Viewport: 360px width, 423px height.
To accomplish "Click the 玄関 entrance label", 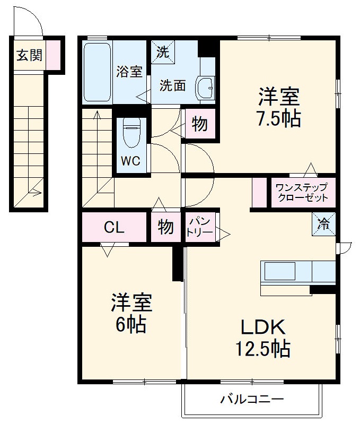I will tap(29, 55).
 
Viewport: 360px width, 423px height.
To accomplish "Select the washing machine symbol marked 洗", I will tap(162, 51).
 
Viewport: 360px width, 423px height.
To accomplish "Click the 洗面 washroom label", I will tap(173, 85).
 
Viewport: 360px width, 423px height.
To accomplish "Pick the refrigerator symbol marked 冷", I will tap(323, 223).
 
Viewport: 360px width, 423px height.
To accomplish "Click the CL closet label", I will tap(114, 228).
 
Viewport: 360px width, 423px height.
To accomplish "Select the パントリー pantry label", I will tap(199, 227).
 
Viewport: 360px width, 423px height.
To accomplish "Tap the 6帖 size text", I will tap(131, 324).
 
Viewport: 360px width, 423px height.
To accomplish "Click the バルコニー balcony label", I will tap(252, 399).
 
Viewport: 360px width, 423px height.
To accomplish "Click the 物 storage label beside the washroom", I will tap(199, 125).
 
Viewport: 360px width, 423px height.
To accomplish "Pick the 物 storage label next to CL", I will tap(165, 227).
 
